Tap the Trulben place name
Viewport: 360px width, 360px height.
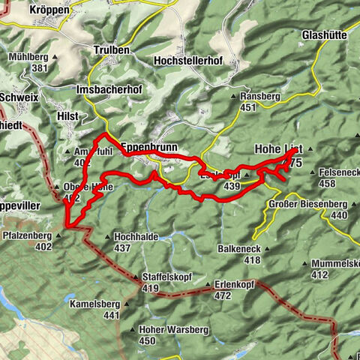point(112,50)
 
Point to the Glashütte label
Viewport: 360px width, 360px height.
point(323,35)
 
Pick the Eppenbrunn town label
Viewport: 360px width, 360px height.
point(148,148)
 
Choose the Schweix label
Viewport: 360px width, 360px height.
point(19,97)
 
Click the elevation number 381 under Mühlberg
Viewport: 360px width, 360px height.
point(37,67)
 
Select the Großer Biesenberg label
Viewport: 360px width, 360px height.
point(308,204)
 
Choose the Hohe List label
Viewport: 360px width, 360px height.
point(278,148)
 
